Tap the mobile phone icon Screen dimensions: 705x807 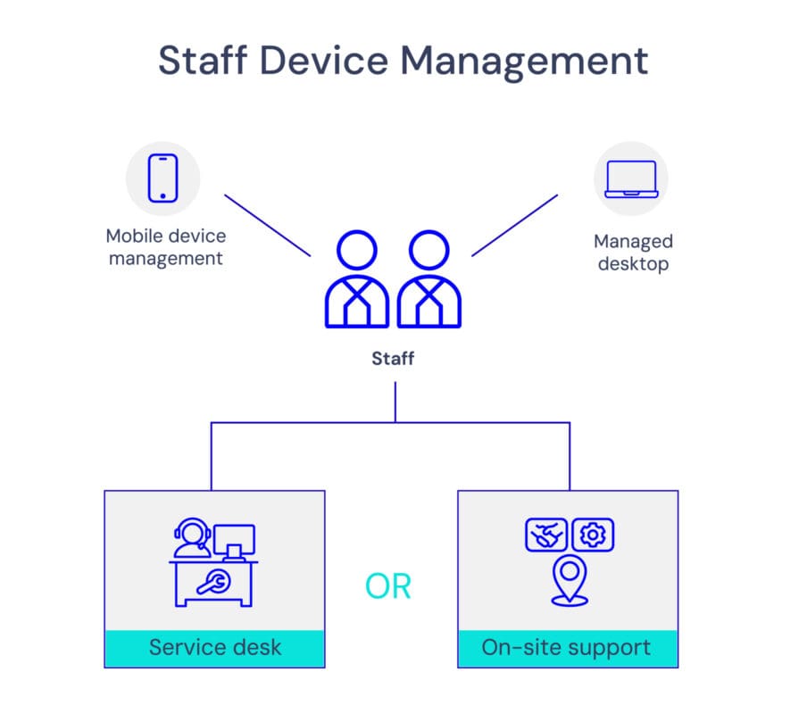tap(162, 178)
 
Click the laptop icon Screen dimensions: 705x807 tap(631, 178)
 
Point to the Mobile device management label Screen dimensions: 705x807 tap(165, 247)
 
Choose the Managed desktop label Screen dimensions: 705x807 tap(633, 252)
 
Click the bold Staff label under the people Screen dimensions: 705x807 tap(394, 359)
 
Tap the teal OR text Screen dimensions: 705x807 tap(388, 586)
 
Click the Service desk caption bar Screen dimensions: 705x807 tap(214, 647)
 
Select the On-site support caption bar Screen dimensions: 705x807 tap(567, 647)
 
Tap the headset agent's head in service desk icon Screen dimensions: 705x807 tap(191, 533)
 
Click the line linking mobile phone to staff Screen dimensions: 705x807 tap(267, 225)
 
